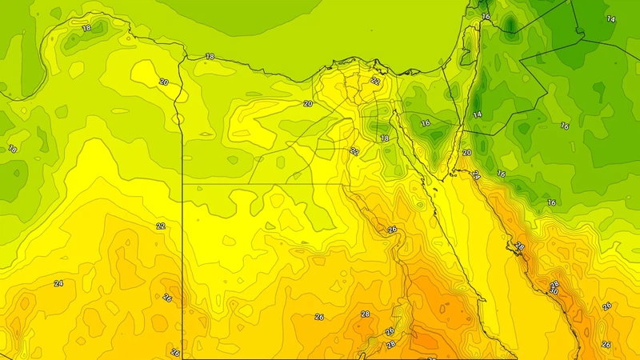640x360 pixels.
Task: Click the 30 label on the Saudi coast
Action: coord(553,292)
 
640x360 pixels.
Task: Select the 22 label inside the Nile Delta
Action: coord(375,81)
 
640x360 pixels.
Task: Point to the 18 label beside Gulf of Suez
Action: coord(384,138)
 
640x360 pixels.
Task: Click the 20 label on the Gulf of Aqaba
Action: coord(467,153)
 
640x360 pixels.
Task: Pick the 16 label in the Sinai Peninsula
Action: coord(426,124)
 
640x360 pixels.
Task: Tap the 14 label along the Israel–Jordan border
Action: coord(478,115)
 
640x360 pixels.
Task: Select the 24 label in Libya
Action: coord(58,283)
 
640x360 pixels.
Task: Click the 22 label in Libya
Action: coord(161,226)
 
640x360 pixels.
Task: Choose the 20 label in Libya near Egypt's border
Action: coord(163,82)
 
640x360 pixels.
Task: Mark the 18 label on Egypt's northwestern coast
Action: coord(210,57)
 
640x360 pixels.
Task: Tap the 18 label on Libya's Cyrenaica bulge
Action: coord(86,28)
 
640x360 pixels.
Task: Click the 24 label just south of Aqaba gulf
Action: coord(476,175)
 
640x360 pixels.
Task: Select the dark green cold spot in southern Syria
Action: coord(510,28)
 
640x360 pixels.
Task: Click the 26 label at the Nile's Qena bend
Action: coord(392,230)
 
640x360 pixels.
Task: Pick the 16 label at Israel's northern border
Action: coord(486,16)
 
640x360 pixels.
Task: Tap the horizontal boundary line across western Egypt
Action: coord(264,185)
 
